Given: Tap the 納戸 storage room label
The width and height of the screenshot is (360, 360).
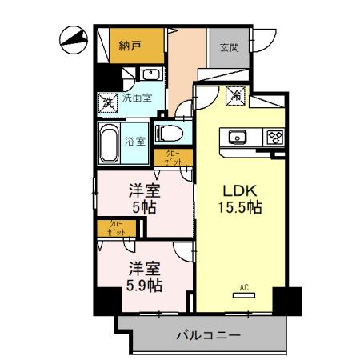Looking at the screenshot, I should [130, 46].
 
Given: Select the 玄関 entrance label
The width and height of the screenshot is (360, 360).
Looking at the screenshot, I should [228, 46].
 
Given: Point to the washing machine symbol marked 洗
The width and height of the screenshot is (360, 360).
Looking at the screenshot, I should [106, 102].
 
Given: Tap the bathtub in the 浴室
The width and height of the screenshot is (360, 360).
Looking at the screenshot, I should [110, 142].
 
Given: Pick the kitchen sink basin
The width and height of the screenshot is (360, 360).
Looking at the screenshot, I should [239, 136].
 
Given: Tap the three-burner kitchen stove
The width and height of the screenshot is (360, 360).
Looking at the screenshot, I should [275, 136].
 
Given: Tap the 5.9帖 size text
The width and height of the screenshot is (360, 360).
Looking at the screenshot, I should [145, 285].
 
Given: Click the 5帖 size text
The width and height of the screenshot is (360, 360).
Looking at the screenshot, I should [145, 207].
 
